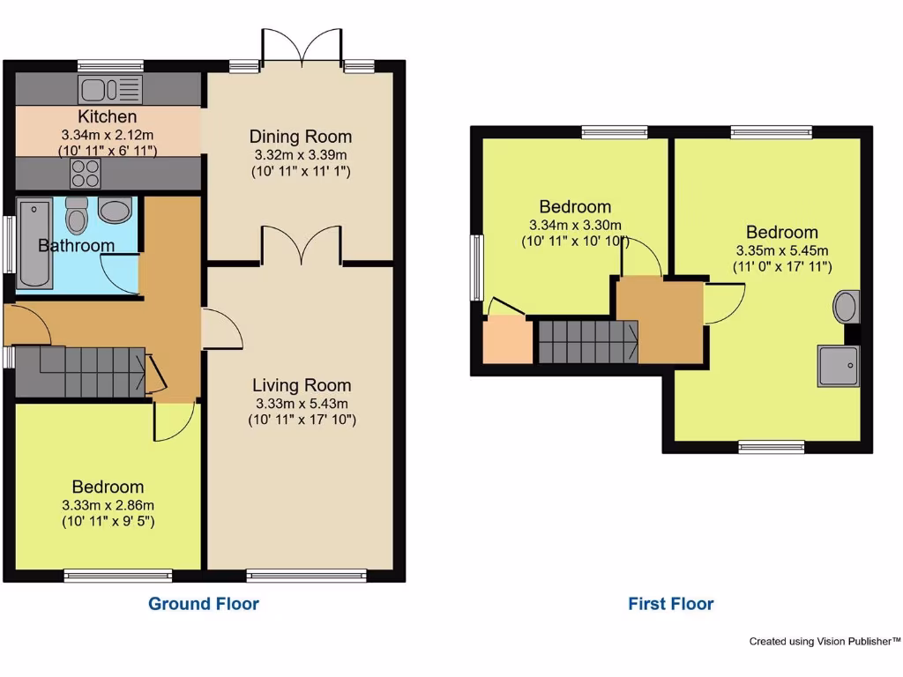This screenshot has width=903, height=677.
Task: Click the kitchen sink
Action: point(110,89)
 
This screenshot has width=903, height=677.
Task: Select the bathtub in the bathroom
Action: point(34,244)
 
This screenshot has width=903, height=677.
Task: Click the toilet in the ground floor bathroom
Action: point(78,214)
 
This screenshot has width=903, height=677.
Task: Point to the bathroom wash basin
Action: point(115,210)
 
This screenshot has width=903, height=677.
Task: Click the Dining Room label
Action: point(300,137)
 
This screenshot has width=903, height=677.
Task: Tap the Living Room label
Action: point(302,385)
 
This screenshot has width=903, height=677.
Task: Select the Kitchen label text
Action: point(108,116)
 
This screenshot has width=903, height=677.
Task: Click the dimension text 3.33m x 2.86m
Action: point(108,505)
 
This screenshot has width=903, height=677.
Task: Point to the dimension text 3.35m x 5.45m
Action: point(781,250)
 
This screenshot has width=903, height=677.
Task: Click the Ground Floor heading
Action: point(204,604)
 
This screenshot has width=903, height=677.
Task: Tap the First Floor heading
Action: point(670,604)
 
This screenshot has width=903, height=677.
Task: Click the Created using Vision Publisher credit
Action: point(825,642)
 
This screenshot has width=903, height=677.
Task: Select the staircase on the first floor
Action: point(587,342)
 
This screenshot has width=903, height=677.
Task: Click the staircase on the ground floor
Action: point(81,371)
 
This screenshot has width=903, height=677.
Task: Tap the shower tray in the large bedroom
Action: point(837,366)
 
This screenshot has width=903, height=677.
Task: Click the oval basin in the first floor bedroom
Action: point(844,308)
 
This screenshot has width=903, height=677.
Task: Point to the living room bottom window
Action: point(306,576)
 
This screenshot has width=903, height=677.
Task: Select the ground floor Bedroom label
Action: point(108,487)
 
